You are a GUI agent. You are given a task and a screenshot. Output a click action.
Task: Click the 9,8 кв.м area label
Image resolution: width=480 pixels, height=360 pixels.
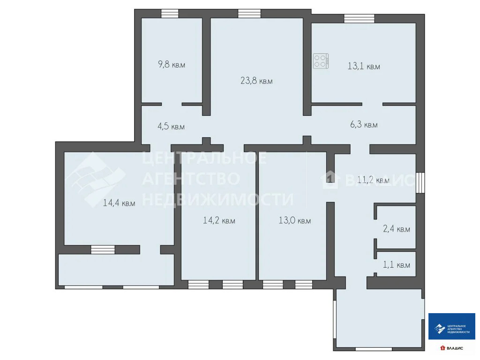[172, 65]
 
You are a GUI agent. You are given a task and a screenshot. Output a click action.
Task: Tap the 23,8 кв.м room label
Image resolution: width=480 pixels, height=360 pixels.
[256, 81]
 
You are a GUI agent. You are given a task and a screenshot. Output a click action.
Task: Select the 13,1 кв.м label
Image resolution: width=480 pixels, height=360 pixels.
[363, 67]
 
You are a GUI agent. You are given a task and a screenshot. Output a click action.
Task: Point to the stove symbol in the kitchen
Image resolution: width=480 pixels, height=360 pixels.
[322, 61]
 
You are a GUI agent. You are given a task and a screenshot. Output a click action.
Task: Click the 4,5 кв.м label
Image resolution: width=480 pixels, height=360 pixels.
[171, 126]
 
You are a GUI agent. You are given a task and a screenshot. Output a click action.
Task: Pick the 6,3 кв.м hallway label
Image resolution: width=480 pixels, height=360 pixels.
[364, 125]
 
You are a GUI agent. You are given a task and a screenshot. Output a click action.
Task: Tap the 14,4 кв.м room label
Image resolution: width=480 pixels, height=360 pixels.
[119, 203]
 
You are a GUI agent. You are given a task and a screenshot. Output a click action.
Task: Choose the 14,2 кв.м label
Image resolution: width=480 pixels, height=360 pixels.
[219, 220]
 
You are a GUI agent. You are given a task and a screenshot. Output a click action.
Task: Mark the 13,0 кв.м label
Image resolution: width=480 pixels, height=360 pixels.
[294, 220]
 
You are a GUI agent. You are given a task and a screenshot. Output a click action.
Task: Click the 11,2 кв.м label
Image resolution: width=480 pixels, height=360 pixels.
[373, 180]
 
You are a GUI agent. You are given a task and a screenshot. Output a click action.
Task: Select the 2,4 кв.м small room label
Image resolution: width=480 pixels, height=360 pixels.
[396, 229]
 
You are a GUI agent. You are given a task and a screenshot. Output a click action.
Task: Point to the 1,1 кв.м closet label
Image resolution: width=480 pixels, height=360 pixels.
[396, 265]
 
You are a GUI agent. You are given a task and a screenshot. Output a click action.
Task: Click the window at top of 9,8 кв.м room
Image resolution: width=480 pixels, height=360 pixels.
[170, 14]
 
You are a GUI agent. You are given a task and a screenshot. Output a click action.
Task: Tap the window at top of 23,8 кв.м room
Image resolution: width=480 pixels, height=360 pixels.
[249, 14]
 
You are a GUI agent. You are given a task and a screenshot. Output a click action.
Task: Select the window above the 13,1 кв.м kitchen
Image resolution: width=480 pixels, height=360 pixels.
[359, 18]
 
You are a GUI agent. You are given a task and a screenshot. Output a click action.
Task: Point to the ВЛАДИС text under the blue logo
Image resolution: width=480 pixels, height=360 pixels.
[454, 348]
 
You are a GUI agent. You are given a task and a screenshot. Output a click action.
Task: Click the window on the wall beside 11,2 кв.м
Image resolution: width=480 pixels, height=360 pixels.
[420, 183]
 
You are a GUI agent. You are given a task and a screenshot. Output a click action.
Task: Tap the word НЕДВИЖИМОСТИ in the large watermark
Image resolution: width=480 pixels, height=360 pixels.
[217, 199]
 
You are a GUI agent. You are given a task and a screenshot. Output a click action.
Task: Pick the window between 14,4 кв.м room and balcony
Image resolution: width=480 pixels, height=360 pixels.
[103, 249]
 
